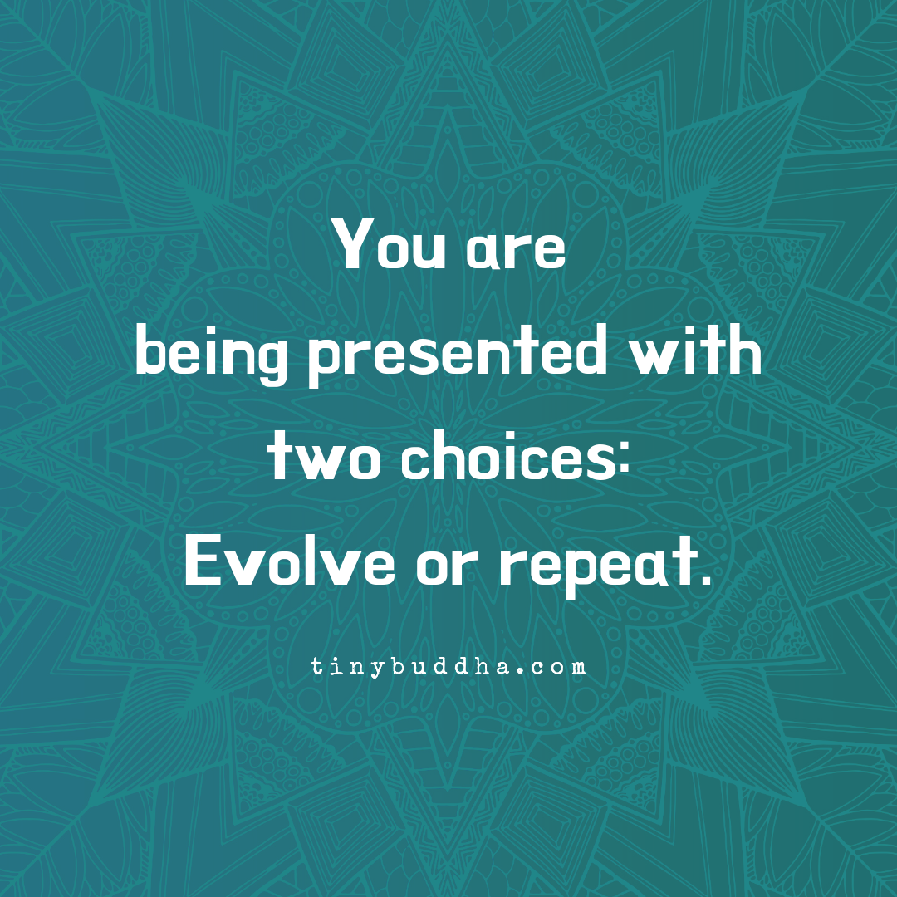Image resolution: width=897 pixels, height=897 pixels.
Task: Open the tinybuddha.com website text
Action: (448, 666)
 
